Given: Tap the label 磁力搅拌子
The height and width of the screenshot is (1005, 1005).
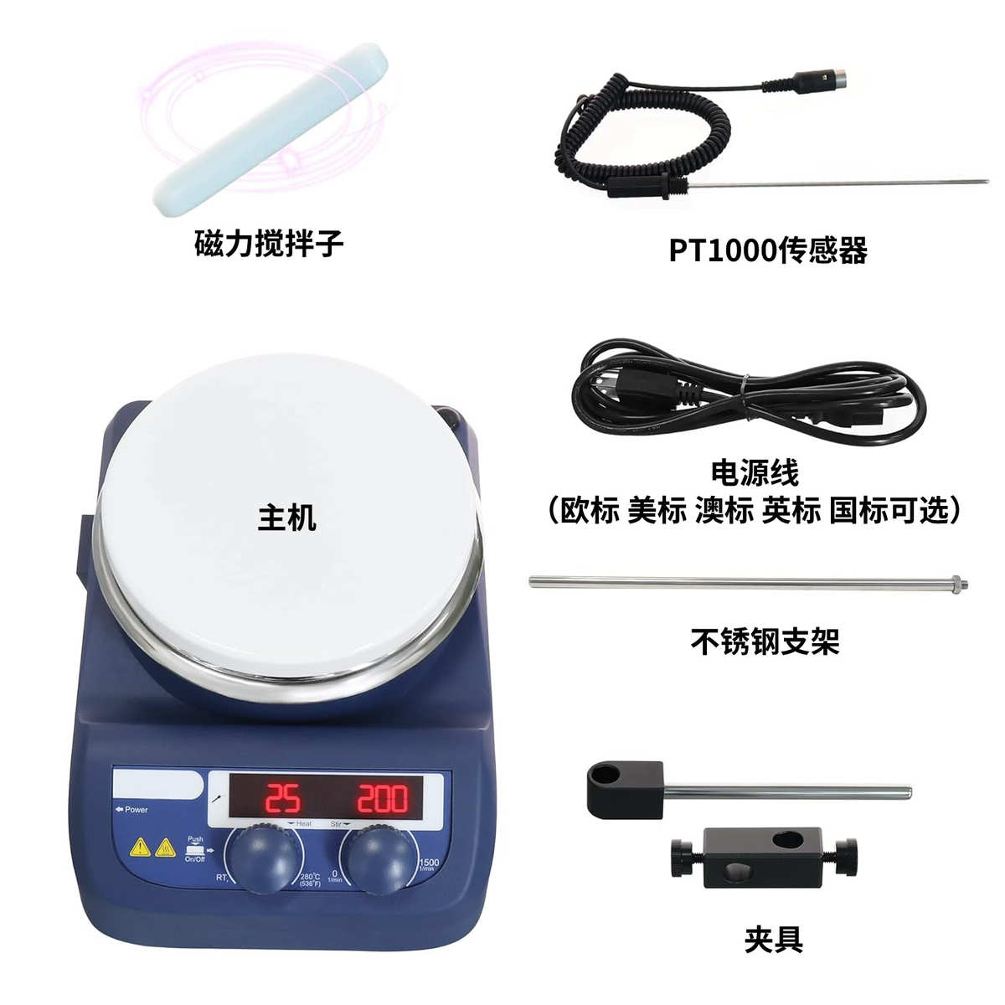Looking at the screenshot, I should point(269,244).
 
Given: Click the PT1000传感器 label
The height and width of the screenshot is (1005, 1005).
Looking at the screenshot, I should point(767,250).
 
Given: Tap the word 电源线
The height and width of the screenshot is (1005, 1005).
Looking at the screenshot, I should point(755,472).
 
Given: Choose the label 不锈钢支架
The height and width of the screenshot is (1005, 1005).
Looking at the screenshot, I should point(765,642).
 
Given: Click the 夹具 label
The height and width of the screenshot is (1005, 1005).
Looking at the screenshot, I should point(773,940).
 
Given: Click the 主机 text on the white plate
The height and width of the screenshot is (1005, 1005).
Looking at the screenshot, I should point(287,517).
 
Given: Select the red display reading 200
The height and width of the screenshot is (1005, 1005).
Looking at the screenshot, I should point(383,799).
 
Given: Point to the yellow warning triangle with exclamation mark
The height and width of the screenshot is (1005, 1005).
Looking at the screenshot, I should point(140,848).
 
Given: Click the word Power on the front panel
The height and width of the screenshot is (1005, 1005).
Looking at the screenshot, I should point(136,810).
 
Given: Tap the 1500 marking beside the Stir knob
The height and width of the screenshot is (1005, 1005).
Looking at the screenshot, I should point(429,863).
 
